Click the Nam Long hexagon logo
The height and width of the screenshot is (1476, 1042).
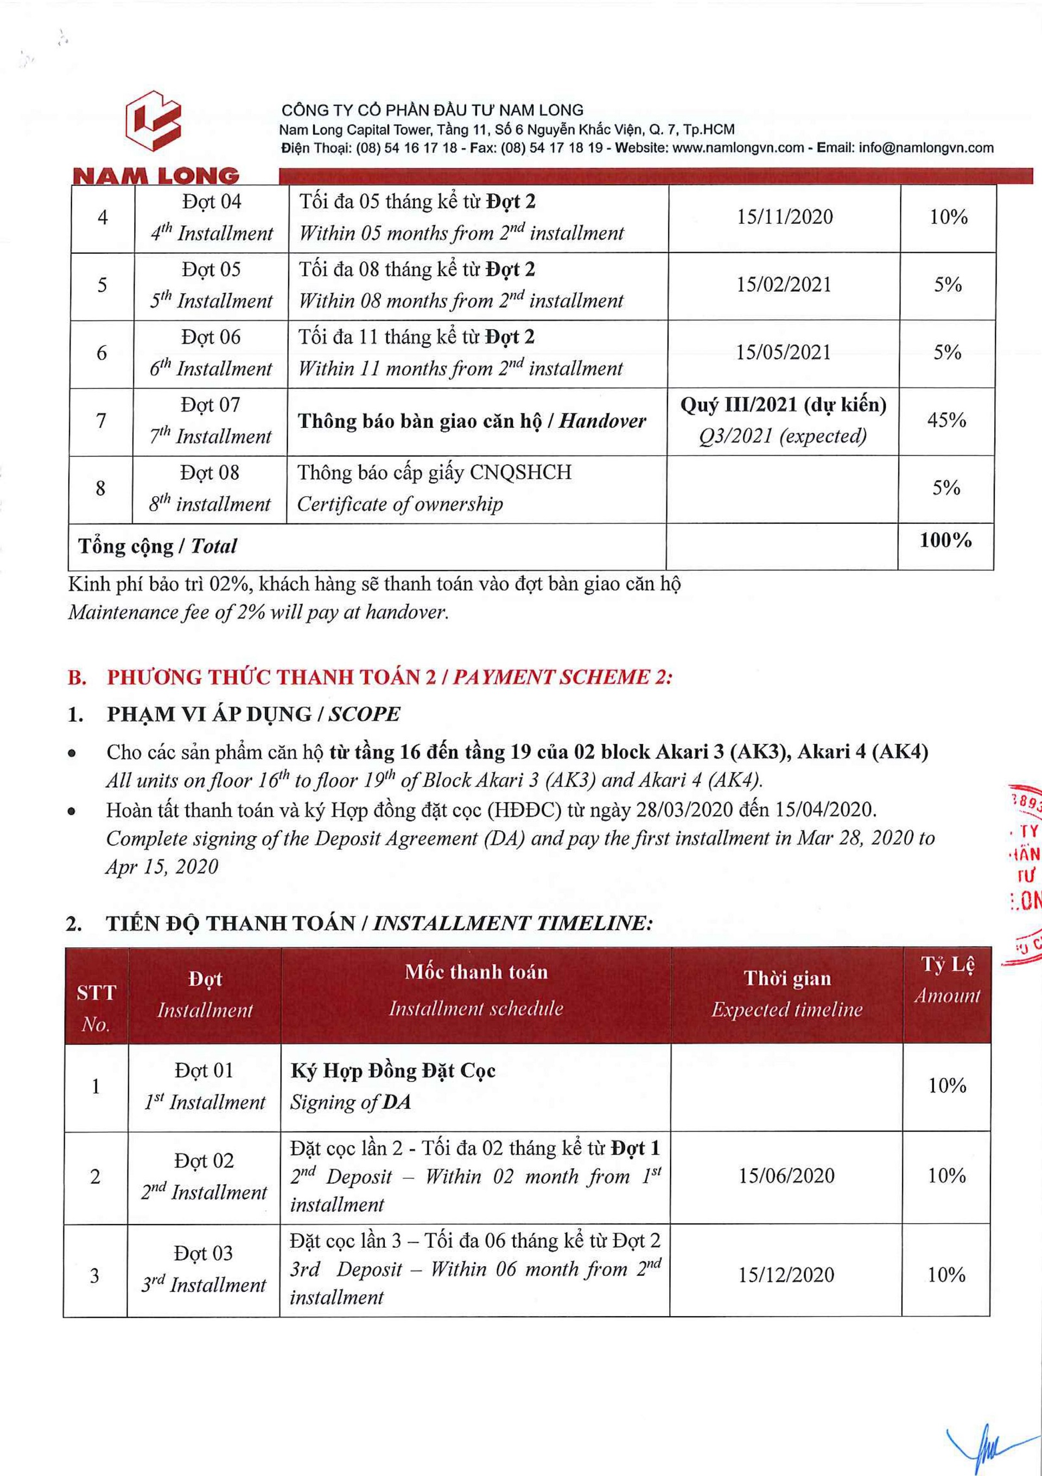[x=154, y=120]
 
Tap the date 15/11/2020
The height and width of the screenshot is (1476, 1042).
[x=785, y=217]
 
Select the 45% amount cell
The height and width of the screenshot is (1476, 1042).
[x=946, y=420]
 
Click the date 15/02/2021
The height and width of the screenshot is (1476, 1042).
[x=784, y=285]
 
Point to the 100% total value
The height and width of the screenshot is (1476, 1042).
[x=945, y=540]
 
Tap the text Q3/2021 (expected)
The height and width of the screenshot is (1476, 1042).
[x=783, y=437]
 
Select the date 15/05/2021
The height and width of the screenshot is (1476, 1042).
[x=784, y=352]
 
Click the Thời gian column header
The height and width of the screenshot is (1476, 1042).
[x=787, y=978]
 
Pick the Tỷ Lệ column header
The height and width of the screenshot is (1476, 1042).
[x=948, y=964]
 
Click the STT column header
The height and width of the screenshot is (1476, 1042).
[x=96, y=992]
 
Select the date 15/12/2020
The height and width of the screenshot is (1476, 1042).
[x=786, y=1275]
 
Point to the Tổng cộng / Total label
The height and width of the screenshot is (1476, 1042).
[x=157, y=547]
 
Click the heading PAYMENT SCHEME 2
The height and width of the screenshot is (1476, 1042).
[x=563, y=677]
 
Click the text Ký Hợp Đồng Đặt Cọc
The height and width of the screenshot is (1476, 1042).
[x=393, y=1071]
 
